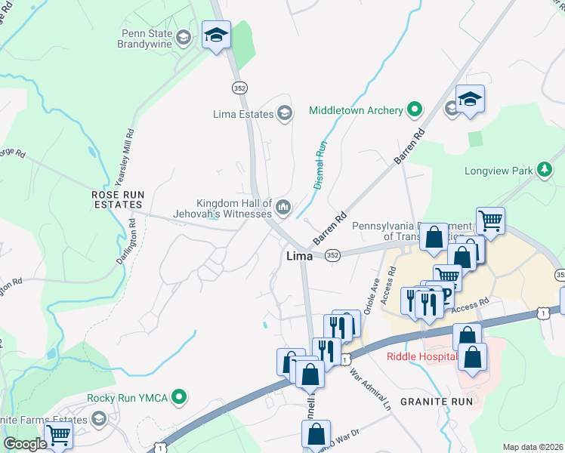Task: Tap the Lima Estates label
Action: click(242, 114)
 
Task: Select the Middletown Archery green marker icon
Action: click(414, 110)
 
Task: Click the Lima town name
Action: click(299, 257)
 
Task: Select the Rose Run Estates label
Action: click(117, 199)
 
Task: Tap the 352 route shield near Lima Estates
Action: click(239, 88)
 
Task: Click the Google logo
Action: click(25, 444)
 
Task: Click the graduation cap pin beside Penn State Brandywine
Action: click(216, 35)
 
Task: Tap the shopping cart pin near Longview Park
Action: click(491, 221)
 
